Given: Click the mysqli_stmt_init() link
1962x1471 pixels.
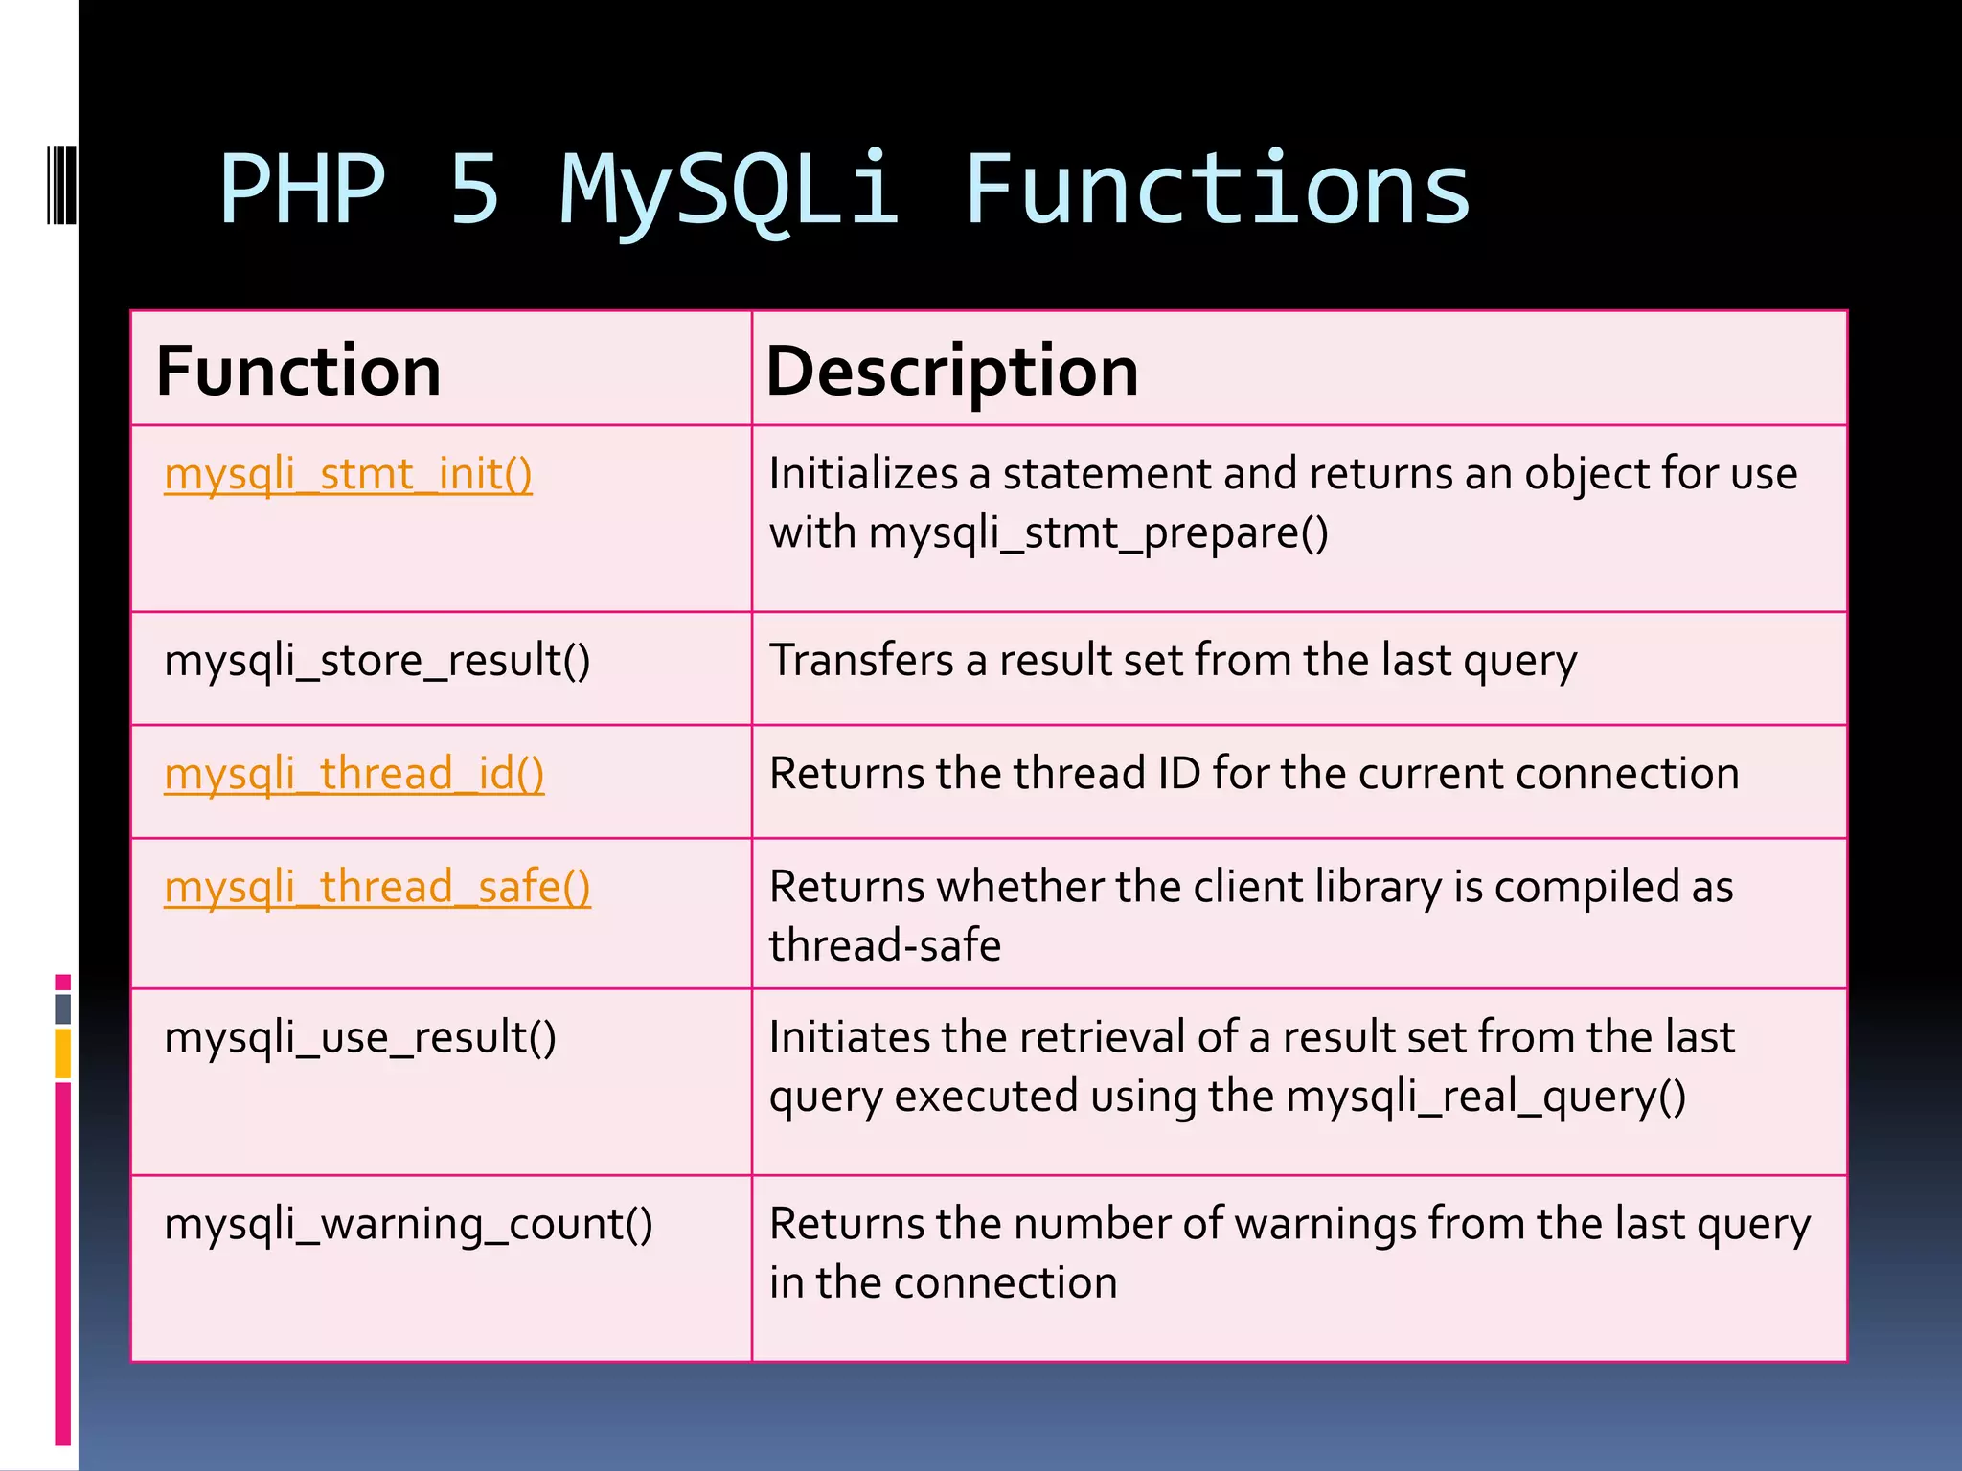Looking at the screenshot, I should [x=348, y=475].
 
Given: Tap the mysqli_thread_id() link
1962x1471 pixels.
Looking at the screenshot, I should [x=354, y=774].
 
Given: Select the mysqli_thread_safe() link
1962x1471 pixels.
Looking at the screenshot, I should [x=376, y=887].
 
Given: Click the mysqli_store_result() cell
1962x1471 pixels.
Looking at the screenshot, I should [x=376, y=661].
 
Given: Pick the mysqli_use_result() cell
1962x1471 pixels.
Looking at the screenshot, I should [x=359, y=1038].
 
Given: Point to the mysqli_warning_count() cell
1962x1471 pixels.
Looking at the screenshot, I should [x=408, y=1225].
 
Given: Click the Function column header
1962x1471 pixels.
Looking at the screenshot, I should [x=298, y=372].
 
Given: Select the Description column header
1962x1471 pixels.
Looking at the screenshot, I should [x=951, y=372].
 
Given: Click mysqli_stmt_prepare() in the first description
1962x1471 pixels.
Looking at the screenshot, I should [x=1098, y=533].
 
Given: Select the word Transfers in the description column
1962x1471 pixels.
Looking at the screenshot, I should [x=861, y=661].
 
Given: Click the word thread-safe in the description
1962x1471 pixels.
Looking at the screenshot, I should [x=884, y=946].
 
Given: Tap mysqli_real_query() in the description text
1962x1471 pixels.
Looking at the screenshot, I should [x=1485, y=1097].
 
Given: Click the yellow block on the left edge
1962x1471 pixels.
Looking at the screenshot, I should [x=63, y=1053].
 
